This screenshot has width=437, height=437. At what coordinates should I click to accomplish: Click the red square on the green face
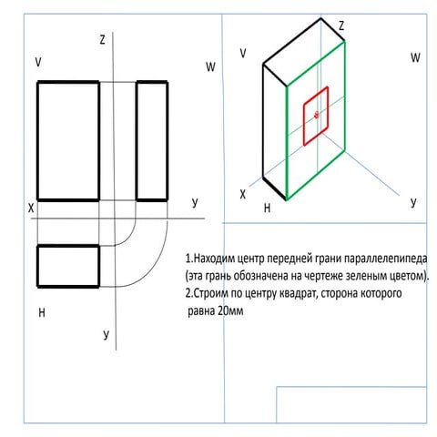[304, 121]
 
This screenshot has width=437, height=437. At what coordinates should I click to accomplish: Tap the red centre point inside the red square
[317, 115]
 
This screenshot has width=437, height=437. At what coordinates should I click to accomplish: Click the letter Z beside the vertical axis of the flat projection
[103, 40]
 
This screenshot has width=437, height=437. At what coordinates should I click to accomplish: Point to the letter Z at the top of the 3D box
[341, 25]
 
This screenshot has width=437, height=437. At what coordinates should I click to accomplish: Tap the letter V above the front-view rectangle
[38, 62]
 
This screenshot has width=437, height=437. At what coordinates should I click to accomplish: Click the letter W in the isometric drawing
[415, 57]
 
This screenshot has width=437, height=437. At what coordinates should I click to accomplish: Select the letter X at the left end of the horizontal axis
[31, 208]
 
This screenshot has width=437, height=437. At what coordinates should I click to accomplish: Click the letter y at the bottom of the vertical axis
[106, 334]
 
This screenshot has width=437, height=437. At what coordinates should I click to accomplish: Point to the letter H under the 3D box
[267, 208]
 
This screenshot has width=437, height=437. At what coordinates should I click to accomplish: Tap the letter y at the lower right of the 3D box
[413, 202]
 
